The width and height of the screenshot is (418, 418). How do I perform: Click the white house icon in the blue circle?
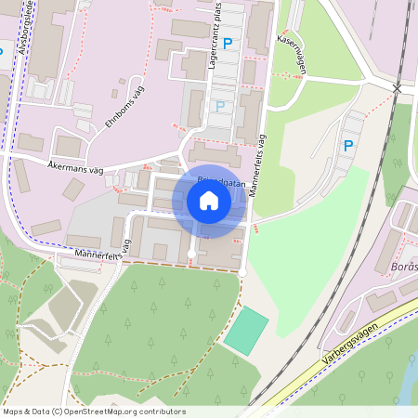(209, 201)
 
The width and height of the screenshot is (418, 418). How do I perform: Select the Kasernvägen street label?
(291, 55)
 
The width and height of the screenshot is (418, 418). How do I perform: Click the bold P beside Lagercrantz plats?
(227, 43)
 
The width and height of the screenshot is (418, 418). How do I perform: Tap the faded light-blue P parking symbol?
(220, 106)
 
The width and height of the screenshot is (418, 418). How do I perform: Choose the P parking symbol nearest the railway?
(348, 145)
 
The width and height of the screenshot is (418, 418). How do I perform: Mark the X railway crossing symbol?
(397, 87)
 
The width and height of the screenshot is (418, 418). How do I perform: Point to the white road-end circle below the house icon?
(191, 253)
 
